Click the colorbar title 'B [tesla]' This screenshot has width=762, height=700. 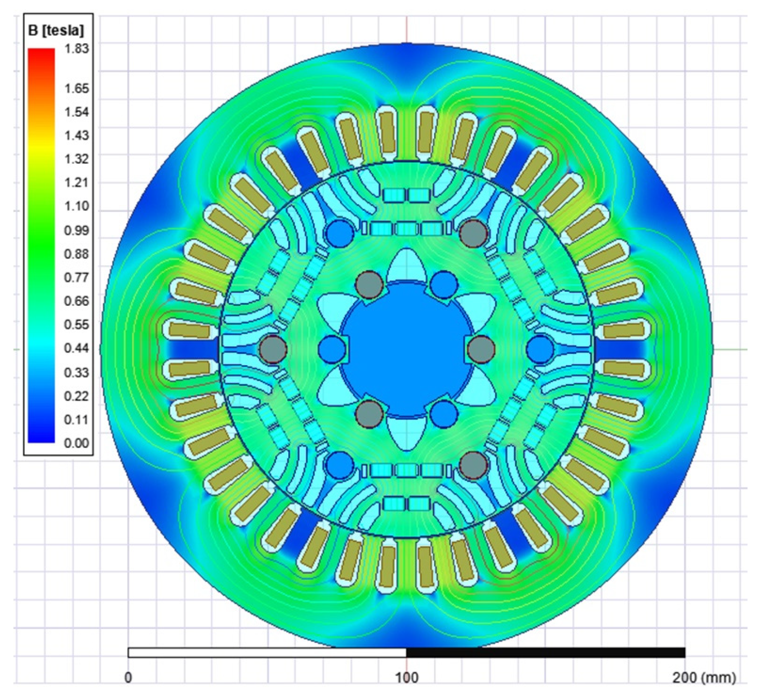(x=56, y=30)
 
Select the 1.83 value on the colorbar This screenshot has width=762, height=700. (x=77, y=49)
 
